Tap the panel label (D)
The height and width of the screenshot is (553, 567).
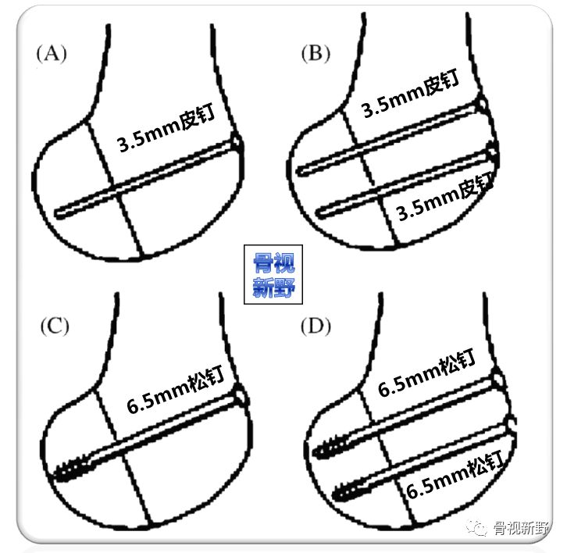coord(316,325)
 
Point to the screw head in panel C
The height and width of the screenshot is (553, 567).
coord(242,399)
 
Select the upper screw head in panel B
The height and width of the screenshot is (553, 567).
coord(483,104)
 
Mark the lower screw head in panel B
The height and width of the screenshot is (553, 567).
coord(492,151)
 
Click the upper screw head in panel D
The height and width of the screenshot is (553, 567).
coord(500,380)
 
